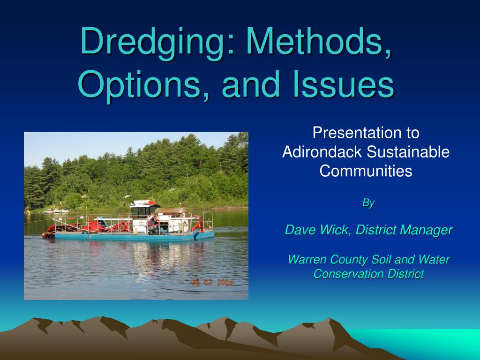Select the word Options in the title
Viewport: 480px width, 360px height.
(140, 84)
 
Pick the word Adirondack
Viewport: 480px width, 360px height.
(322, 152)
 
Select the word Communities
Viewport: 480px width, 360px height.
(366, 171)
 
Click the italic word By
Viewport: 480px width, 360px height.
(368, 202)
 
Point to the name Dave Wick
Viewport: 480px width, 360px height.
(318, 230)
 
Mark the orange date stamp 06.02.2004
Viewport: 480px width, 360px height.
(212, 282)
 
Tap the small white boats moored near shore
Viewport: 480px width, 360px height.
(59, 211)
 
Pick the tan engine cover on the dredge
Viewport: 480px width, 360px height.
(170, 210)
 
